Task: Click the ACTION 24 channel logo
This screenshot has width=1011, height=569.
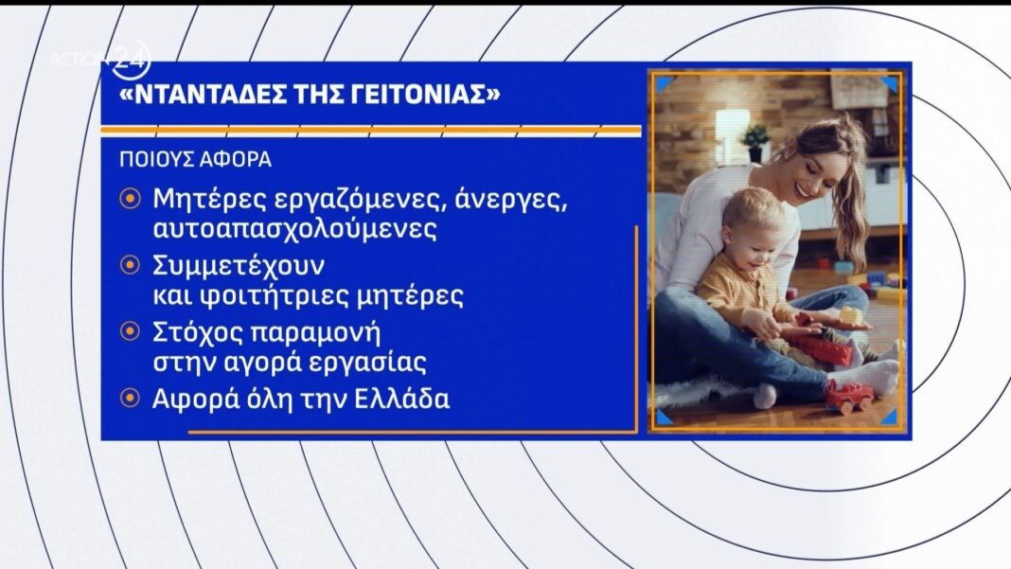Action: click(100, 60)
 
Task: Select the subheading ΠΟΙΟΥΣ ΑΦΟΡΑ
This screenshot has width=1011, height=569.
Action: click(195, 159)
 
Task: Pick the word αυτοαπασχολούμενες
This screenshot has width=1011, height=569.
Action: click(294, 229)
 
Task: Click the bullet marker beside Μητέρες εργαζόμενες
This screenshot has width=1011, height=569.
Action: click(131, 198)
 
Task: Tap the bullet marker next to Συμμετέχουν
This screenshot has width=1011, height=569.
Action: click(131, 264)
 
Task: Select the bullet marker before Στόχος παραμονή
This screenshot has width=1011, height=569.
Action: click(131, 331)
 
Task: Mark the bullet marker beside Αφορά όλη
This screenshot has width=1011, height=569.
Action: click(131, 398)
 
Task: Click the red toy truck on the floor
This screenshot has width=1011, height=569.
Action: click(850, 396)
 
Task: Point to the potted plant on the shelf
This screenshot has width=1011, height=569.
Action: click(755, 143)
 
